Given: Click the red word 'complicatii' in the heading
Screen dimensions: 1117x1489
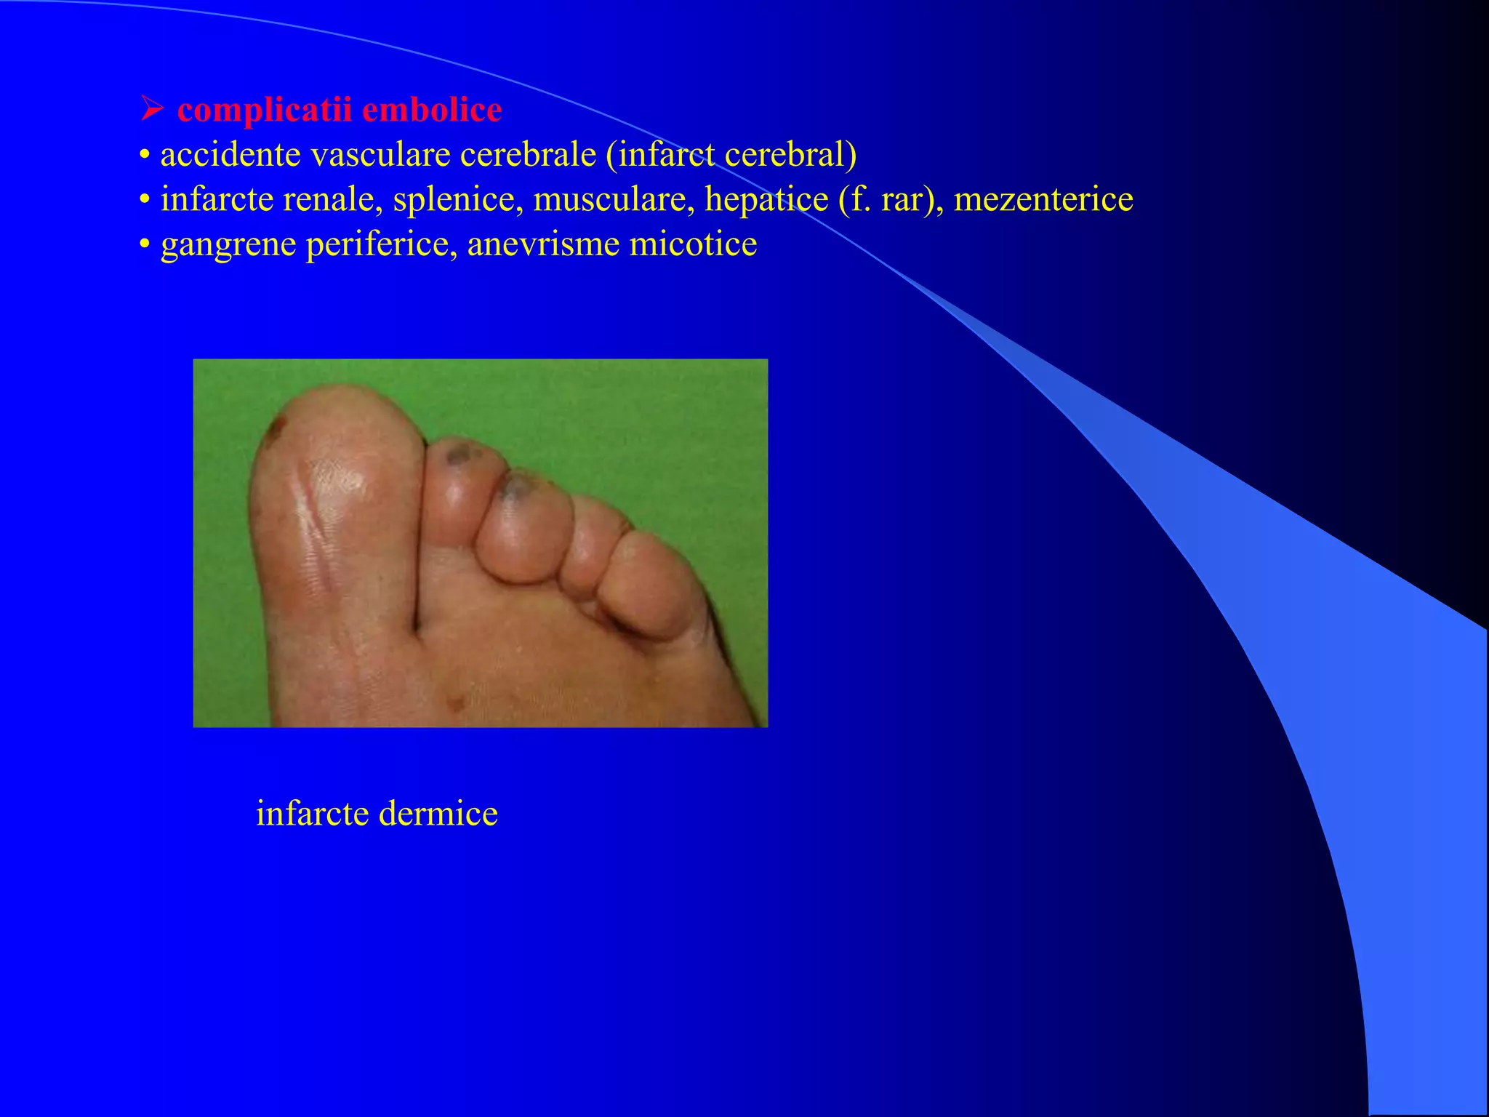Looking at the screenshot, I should (264, 111).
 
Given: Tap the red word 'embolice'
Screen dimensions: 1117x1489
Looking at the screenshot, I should (432, 111).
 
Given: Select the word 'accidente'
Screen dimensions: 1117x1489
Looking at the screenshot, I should (230, 155).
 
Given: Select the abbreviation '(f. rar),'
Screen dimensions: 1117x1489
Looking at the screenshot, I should (891, 199).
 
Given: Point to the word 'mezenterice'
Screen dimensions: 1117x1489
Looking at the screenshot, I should (1043, 199).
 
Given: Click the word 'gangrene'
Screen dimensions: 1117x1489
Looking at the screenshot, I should (228, 244).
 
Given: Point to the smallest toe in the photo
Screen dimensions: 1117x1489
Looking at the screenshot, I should (647, 582).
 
